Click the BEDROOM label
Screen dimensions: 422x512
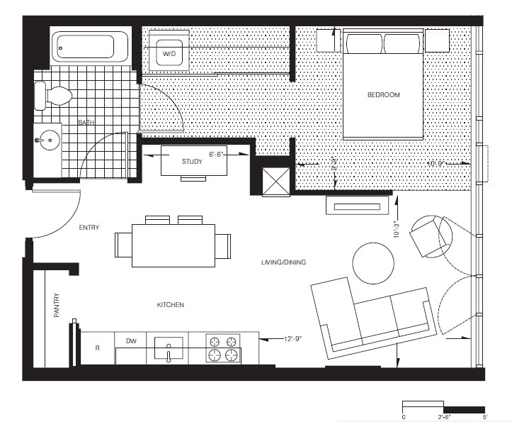[383, 95]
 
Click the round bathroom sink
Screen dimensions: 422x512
[47, 141]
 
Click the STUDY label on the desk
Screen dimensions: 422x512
[192, 162]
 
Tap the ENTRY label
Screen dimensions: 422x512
[89, 228]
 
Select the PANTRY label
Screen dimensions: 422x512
[57, 306]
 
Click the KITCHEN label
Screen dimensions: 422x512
[170, 305]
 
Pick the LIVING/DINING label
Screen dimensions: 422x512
[283, 262]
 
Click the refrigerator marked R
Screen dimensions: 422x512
[96, 348]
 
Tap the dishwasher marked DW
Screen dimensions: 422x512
[130, 341]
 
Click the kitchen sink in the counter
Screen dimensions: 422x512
[169, 348]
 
